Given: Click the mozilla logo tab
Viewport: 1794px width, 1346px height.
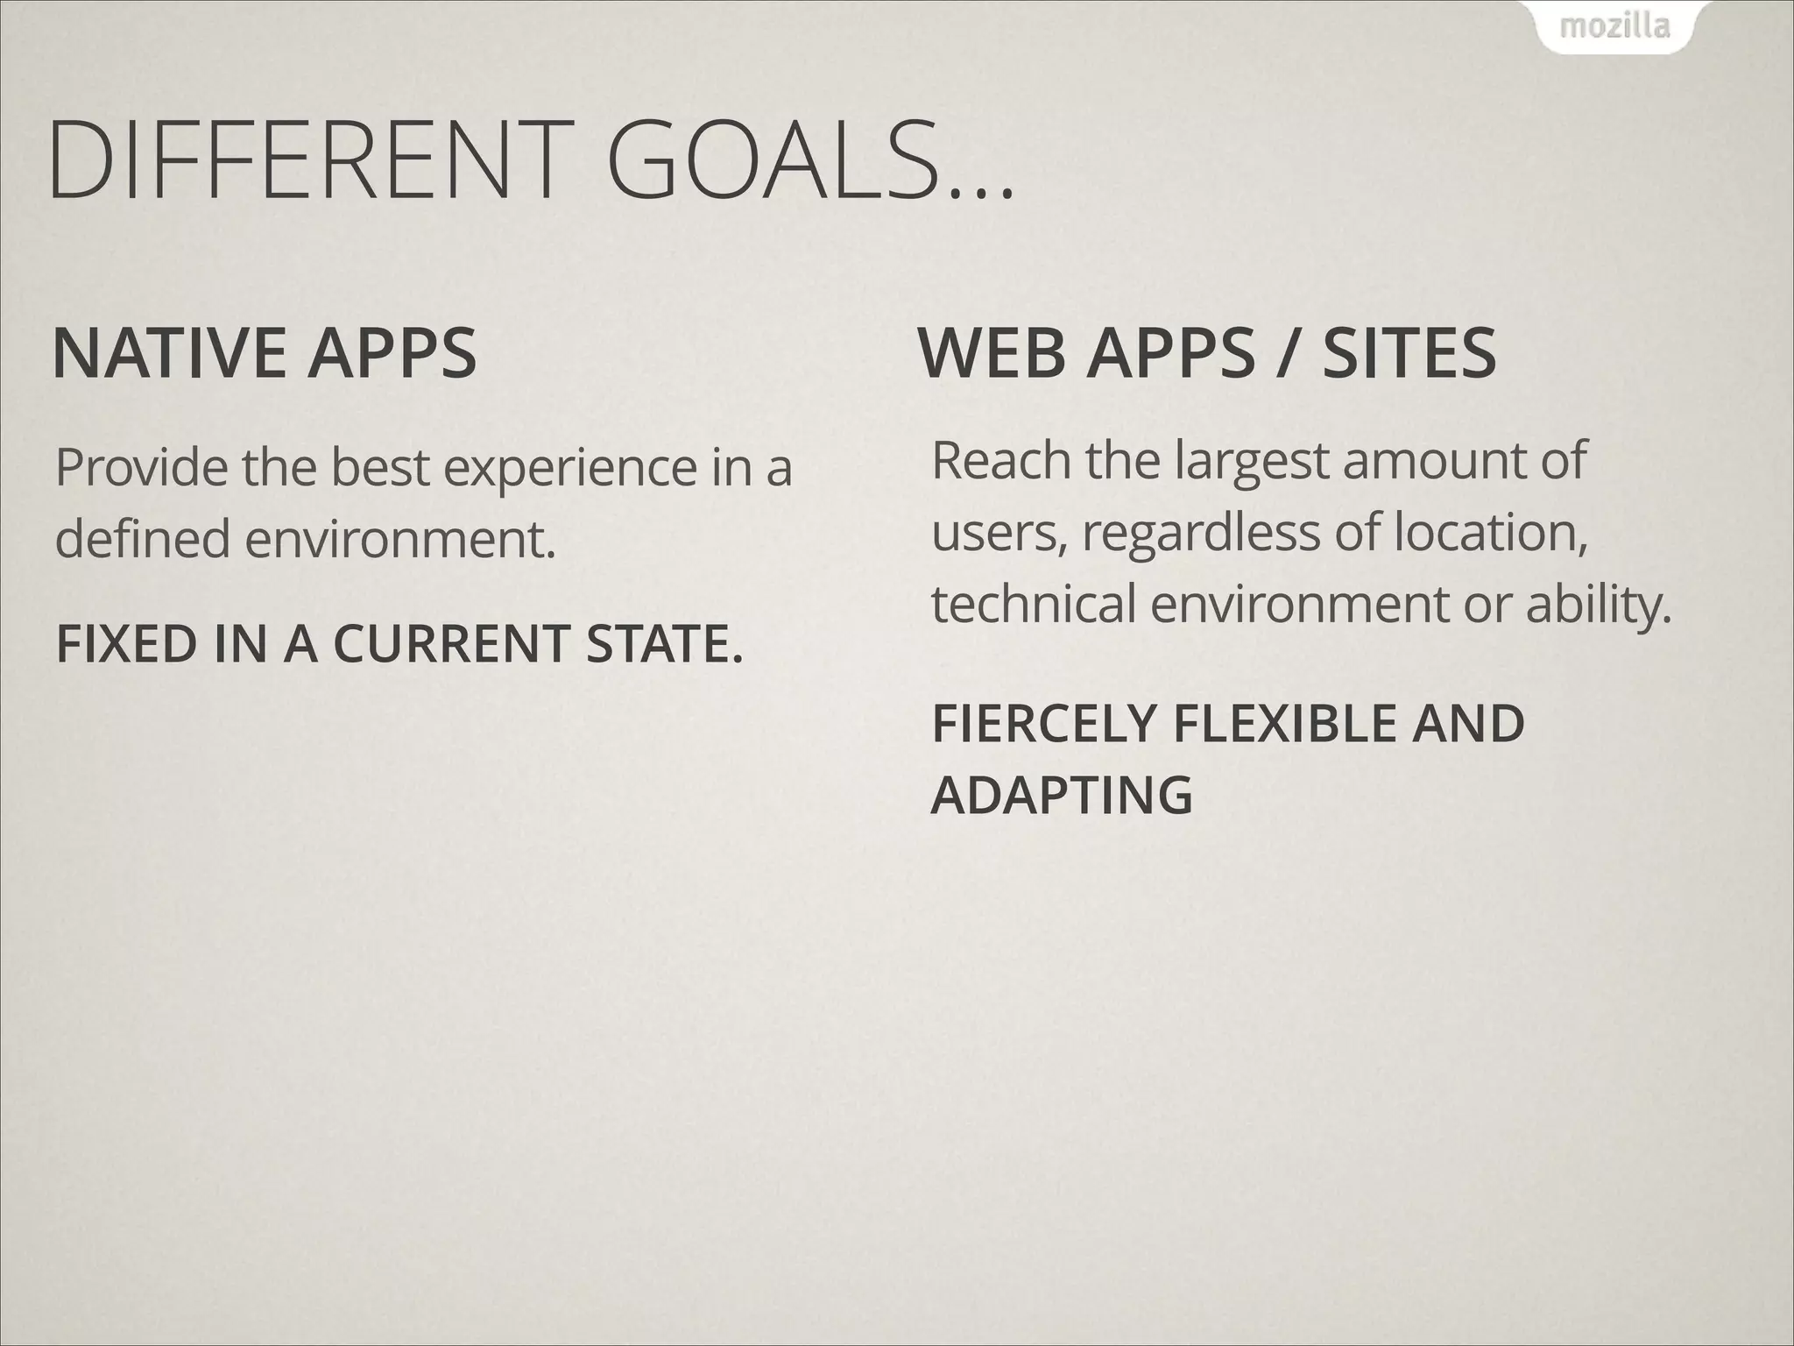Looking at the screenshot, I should click(x=1614, y=27).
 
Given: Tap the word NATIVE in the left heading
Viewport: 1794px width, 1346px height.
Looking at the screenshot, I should click(x=167, y=352).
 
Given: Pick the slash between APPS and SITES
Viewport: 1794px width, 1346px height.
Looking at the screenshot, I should click(x=1284, y=354).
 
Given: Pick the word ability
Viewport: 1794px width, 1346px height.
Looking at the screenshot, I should click(x=1598, y=605).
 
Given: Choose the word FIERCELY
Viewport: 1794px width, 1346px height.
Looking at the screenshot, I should click(x=1044, y=724).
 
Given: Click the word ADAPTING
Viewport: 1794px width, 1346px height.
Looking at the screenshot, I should click(x=1061, y=795).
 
